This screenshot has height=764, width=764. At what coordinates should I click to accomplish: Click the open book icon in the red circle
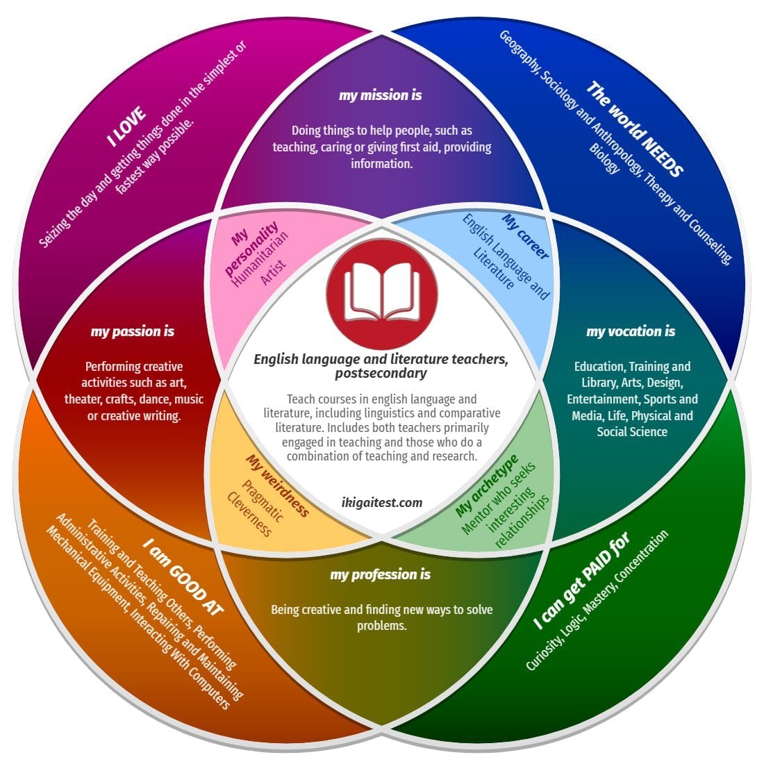(x=381, y=292)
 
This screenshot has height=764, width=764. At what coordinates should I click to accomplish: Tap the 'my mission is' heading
(x=380, y=95)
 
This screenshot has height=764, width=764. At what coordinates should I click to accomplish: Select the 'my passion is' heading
(x=133, y=331)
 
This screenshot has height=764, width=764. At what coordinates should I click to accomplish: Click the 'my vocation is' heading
(x=631, y=331)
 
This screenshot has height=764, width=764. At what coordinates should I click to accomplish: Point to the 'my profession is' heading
(x=380, y=574)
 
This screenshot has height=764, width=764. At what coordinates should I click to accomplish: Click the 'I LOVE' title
(x=127, y=126)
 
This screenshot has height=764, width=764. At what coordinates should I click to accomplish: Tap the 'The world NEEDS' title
(x=634, y=128)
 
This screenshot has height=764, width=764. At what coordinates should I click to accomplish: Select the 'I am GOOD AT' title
(x=183, y=576)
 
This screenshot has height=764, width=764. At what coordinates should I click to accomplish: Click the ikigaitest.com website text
(x=382, y=502)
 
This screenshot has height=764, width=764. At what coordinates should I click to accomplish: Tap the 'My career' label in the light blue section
(x=526, y=237)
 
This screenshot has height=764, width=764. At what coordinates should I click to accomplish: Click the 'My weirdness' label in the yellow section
(x=277, y=485)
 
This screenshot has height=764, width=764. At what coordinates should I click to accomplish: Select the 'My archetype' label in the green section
(x=486, y=486)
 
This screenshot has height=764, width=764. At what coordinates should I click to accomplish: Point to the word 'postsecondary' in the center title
(x=381, y=374)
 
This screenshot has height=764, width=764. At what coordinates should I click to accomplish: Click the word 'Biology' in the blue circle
(x=604, y=158)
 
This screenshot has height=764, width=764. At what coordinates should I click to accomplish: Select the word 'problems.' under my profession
(x=381, y=626)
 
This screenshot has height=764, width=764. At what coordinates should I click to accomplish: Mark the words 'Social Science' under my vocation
(x=632, y=432)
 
